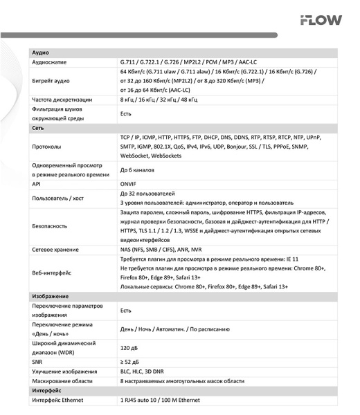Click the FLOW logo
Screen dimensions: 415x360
point(321,20)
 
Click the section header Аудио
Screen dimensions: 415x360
point(40,53)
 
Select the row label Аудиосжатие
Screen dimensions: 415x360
point(52,62)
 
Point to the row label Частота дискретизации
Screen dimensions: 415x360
point(62,100)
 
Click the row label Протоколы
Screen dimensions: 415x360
point(47,147)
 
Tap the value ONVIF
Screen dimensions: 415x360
point(129,185)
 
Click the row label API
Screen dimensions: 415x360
point(37,185)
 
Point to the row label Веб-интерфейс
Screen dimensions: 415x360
point(53,272)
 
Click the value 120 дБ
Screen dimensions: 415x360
point(130,348)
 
